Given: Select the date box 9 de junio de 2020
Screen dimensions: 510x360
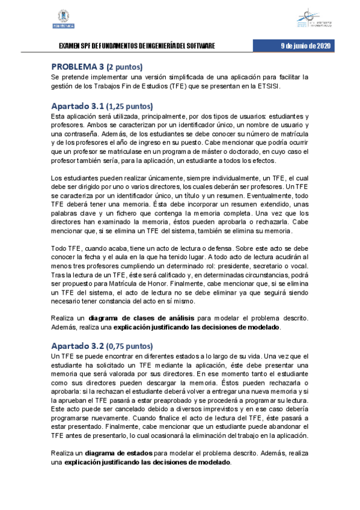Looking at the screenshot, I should click(x=306, y=46).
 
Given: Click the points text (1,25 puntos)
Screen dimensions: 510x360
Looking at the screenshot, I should click(x=130, y=106).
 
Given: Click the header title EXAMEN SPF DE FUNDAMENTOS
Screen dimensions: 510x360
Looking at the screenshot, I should click(x=135, y=47).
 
